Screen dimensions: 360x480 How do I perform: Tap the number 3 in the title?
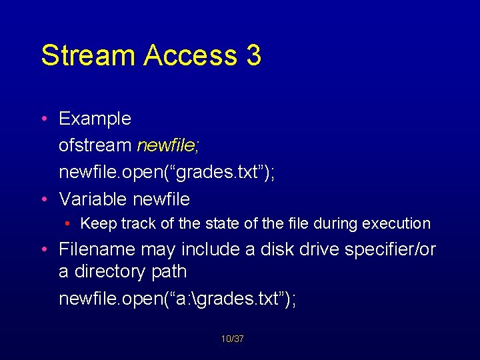[253, 56]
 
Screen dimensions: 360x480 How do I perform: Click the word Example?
[95, 119]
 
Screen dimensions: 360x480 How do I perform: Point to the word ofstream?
[95, 146]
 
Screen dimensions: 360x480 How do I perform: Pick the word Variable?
[93, 199]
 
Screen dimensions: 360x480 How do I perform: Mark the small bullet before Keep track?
[69, 224]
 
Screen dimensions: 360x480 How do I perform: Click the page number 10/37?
[233, 339]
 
